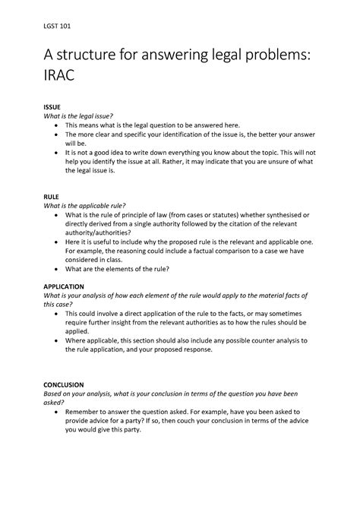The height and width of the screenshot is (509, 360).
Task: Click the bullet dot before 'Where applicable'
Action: tap(59, 341)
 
